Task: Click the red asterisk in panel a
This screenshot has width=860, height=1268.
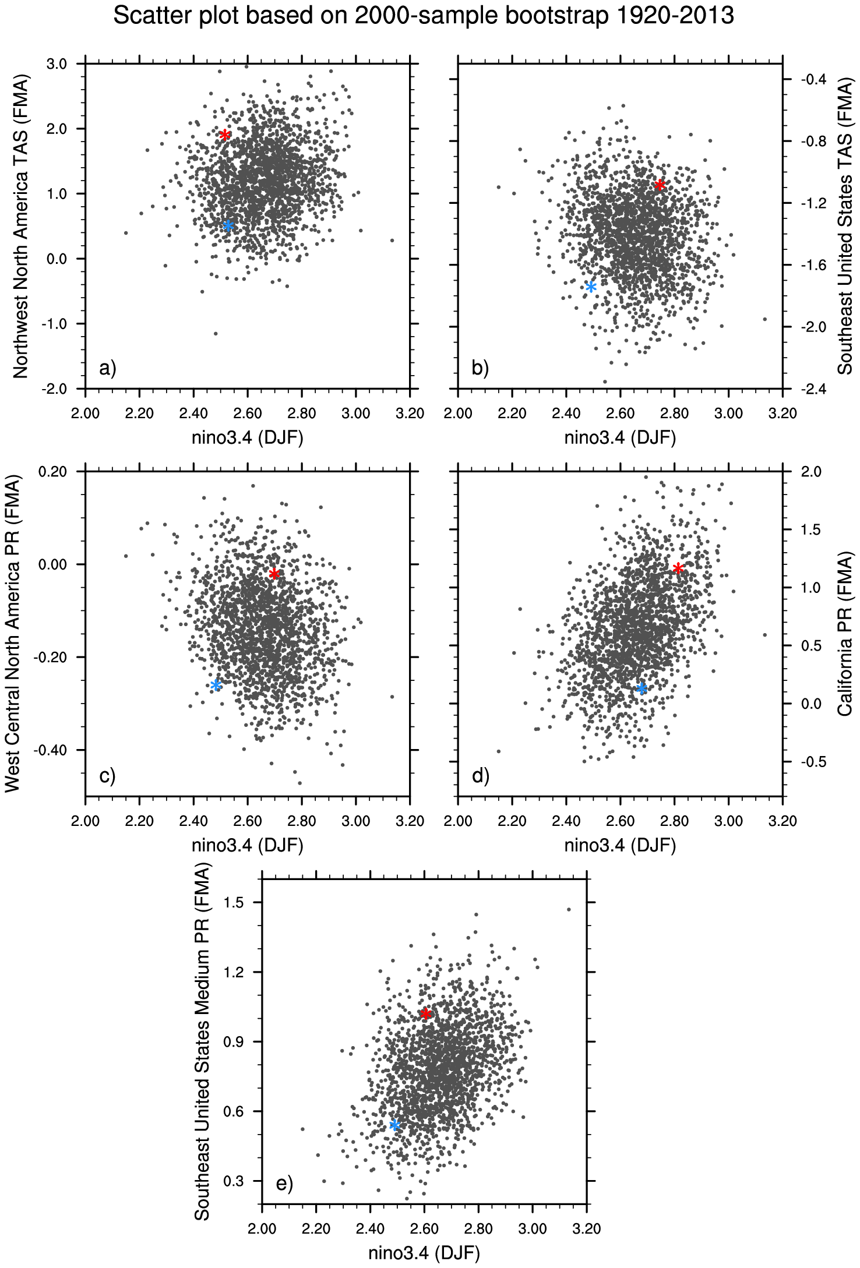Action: (225, 135)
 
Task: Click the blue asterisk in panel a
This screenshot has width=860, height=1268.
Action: (228, 226)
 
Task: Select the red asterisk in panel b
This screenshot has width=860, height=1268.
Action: (660, 185)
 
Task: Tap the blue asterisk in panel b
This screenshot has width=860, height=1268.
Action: (591, 287)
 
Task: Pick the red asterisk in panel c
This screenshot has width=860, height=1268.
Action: (274, 574)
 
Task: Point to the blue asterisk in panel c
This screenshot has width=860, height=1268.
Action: (216, 685)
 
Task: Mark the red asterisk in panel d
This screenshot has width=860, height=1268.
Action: (678, 568)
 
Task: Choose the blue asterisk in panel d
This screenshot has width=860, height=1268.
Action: (642, 689)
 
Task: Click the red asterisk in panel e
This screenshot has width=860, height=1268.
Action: (426, 1014)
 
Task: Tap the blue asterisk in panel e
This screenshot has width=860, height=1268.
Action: (394, 1125)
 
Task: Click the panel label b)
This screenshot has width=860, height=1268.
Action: (480, 368)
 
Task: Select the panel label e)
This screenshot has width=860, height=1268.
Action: (284, 1184)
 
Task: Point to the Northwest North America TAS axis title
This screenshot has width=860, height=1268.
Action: (20, 225)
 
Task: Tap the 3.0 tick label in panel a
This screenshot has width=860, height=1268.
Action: (57, 63)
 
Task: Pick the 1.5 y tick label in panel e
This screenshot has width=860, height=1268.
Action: (235, 902)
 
